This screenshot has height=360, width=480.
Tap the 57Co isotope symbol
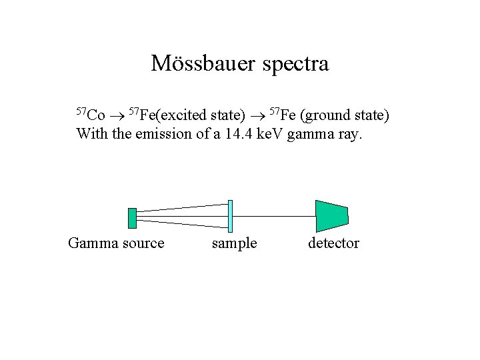pos(91,115)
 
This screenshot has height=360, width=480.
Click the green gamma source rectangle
pos(132,218)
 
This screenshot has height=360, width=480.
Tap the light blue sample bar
pos(230,216)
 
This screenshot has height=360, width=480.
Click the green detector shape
pos(331,216)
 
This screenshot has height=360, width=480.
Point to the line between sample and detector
pos(273,216)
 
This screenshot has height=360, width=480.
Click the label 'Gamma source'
pos(116,243)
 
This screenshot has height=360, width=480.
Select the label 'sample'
pos(234,243)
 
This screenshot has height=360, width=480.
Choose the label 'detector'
pos(333,243)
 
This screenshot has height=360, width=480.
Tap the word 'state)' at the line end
pos(370,115)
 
